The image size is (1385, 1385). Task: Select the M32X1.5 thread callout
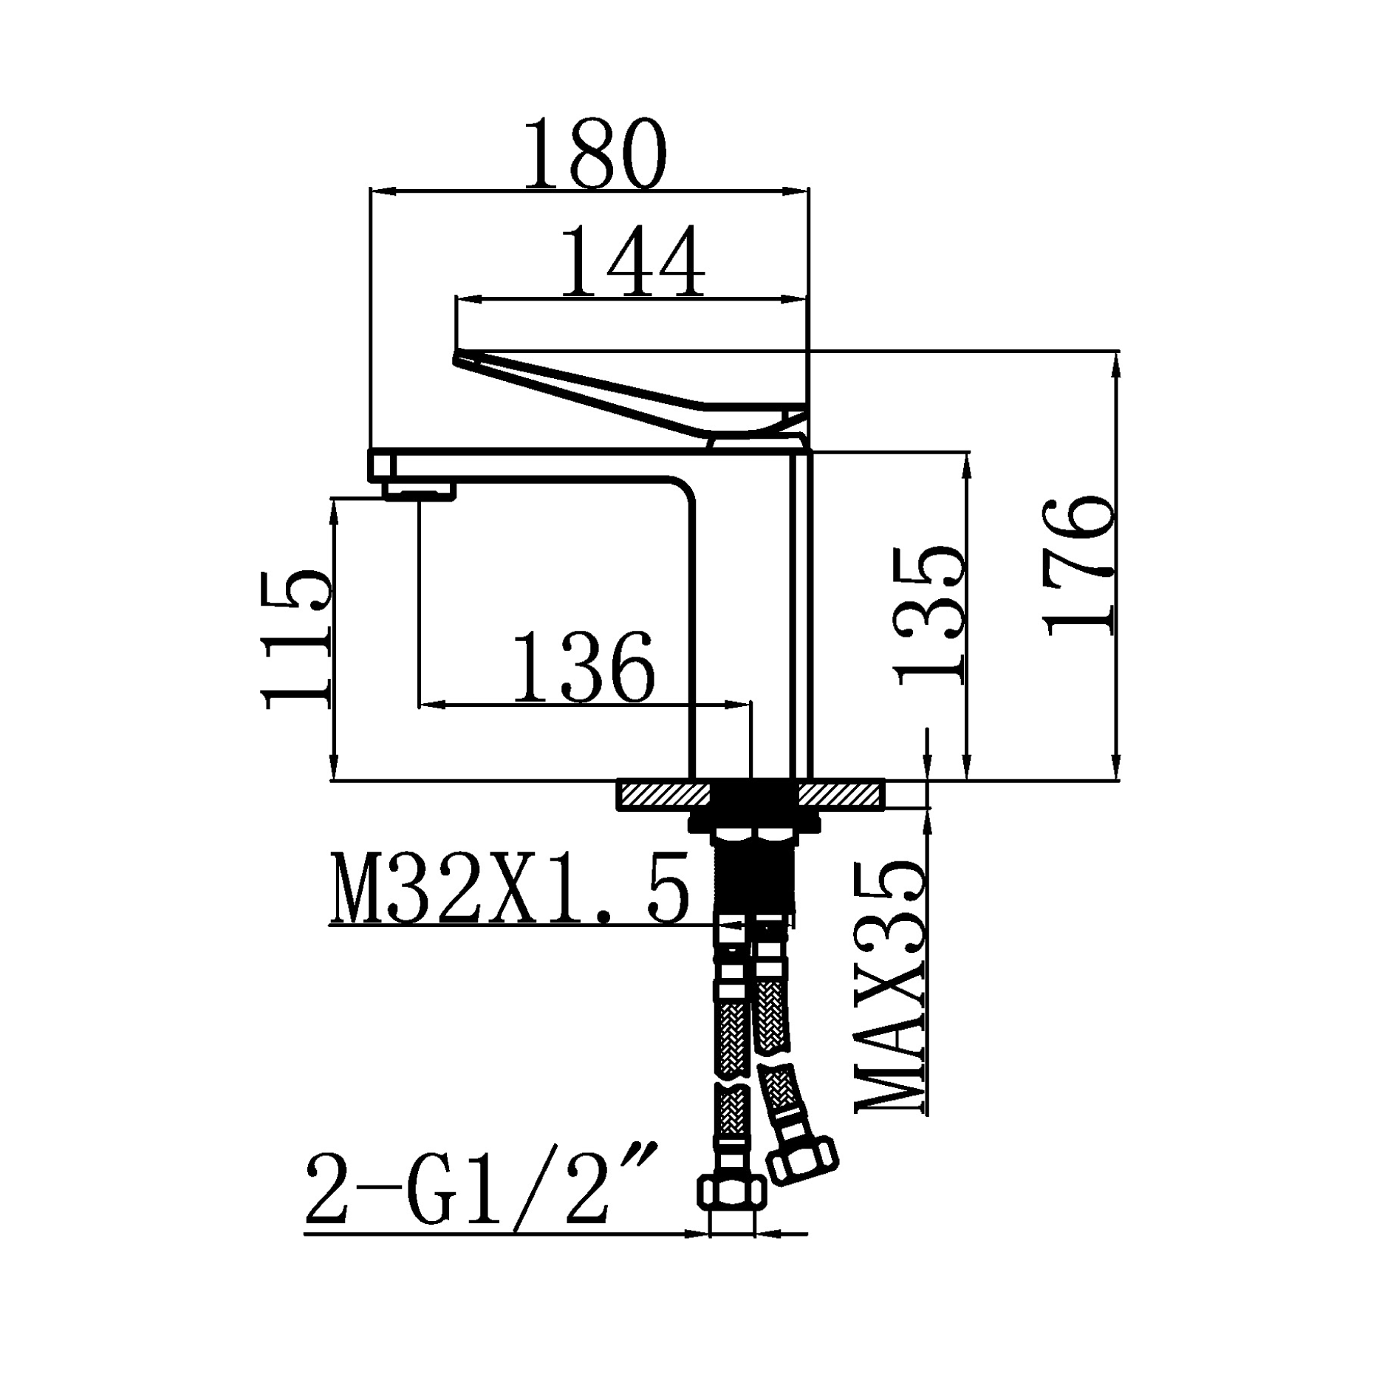point(510,889)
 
